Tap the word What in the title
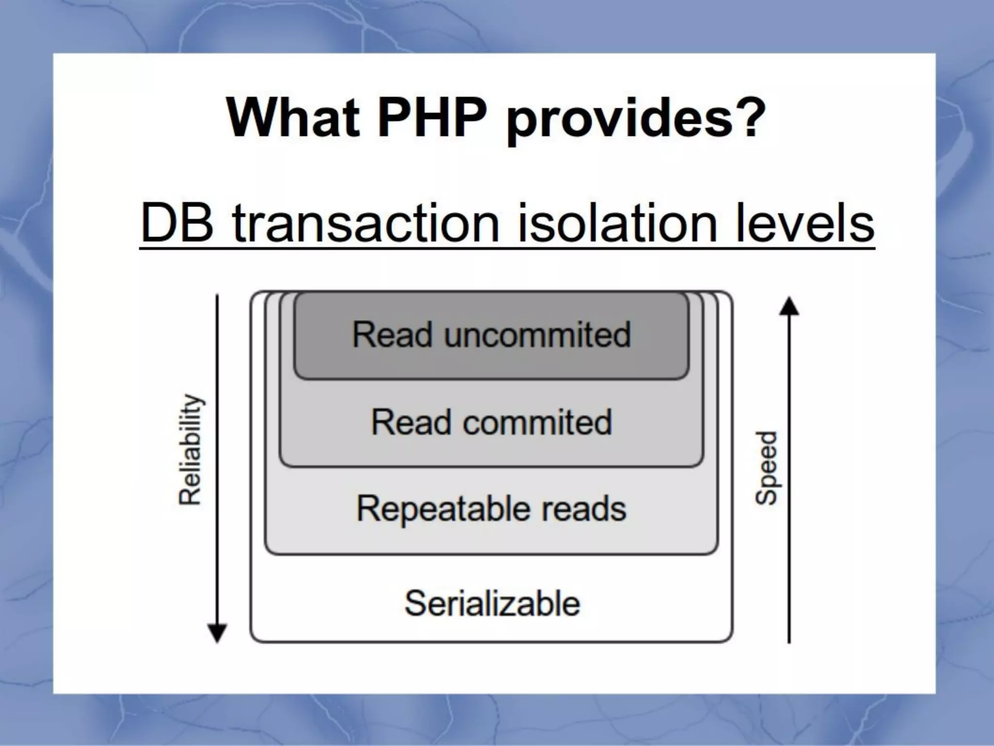coord(293,118)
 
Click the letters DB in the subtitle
coord(177,223)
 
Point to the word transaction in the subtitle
coord(366,223)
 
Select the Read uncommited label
coord(491,335)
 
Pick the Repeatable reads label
coord(491,509)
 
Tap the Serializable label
coord(492,603)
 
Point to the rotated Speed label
coord(766,468)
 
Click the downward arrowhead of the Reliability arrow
coord(217,633)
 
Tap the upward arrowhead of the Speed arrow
coord(789,307)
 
